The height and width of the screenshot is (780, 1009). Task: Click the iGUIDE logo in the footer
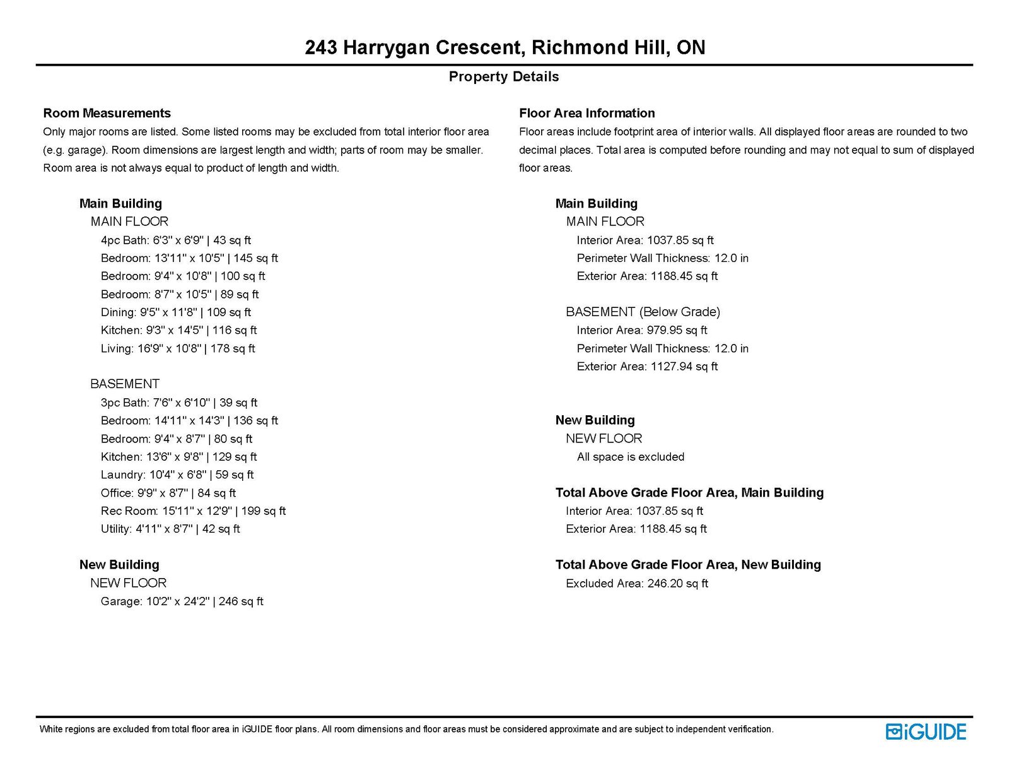pyautogui.click(x=926, y=731)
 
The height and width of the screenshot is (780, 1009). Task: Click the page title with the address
pyautogui.click(x=504, y=47)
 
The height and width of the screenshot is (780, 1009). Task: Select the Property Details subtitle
pyautogui.click(x=503, y=76)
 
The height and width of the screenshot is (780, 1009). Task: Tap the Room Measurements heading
pyautogui.click(x=107, y=113)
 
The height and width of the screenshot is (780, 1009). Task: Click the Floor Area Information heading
pyautogui.click(x=586, y=113)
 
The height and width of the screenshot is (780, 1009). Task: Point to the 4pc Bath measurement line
pyautogui.click(x=175, y=240)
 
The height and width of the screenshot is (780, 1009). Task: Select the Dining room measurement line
pyautogui.click(x=175, y=312)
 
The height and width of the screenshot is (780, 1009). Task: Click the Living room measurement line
pyautogui.click(x=177, y=348)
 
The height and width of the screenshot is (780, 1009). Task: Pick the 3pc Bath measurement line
pyautogui.click(x=178, y=403)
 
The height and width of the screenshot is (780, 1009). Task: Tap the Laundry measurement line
pyautogui.click(x=177, y=475)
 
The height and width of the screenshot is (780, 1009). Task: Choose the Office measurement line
pyautogui.click(x=168, y=493)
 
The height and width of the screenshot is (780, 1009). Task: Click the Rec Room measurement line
pyautogui.click(x=192, y=511)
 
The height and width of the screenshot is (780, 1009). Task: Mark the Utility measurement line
pyautogui.click(x=170, y=529)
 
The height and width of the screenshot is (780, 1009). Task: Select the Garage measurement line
pyautogui.click(x=182, y=601)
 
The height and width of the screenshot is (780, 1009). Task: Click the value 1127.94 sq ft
pyautogui.click(x=684, y=366)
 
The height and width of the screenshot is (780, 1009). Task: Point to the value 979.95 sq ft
pyautogui.click(x=677, y=330)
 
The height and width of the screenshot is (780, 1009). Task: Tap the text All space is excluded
pyautogui.click(x=630, y=457)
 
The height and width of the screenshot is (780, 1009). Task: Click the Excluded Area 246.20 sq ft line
pyautogui.click(x=636, y=583)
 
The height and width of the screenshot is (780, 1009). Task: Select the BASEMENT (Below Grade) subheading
pyautogui.click(x=643, y=312)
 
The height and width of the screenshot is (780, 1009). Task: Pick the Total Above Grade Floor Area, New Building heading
pyautogui.click(x=688, y=565)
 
